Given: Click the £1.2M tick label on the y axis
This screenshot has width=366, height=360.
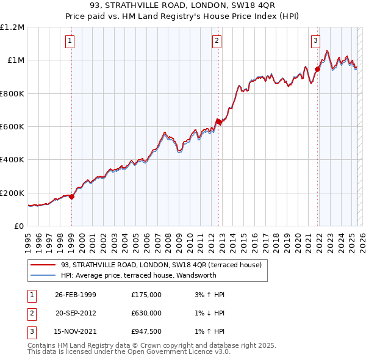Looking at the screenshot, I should pyautogui.click(x=12, y=27).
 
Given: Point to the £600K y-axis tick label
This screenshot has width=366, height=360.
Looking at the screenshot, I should pyautogui.click(x=12, y=127).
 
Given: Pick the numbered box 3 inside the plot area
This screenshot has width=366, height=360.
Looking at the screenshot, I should pyautogui.click(x=315, y=41).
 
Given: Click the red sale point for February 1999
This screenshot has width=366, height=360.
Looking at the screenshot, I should pyautogui.click(x=72, y=197).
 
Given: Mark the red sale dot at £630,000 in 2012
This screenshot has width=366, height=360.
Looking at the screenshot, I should pyautogui.click(x=218, y=121).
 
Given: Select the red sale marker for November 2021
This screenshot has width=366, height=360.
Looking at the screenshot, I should pyautogui.click(x=317, y=69).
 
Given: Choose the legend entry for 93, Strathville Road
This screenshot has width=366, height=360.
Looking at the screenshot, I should pyautogui.click(x=161, y=265).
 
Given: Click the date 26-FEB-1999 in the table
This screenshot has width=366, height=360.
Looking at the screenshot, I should pyautogui.click(x=76, y=295).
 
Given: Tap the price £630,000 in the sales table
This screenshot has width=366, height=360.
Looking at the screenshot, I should pyautogui.click(x=146, y=313).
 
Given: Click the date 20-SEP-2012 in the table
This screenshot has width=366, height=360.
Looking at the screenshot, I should pyautogui.click(x=76, y=313).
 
